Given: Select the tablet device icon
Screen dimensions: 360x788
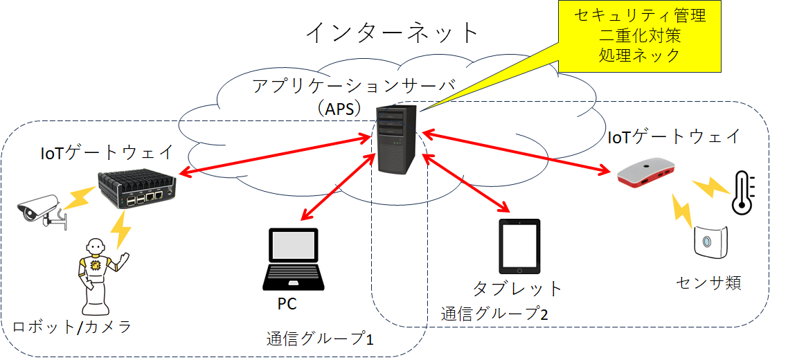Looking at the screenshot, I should tap(519, 246).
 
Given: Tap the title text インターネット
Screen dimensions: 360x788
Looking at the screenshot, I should tap(393, 32).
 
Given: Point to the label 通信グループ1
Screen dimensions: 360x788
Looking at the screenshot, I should tap(320, 339).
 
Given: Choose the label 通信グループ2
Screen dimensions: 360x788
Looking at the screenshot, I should tap(495, 314).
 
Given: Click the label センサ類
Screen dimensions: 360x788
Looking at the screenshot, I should tap(708, 282).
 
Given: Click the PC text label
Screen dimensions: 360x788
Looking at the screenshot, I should tap(287, 304).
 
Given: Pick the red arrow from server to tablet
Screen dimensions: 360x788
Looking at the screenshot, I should tap(465, 182).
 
